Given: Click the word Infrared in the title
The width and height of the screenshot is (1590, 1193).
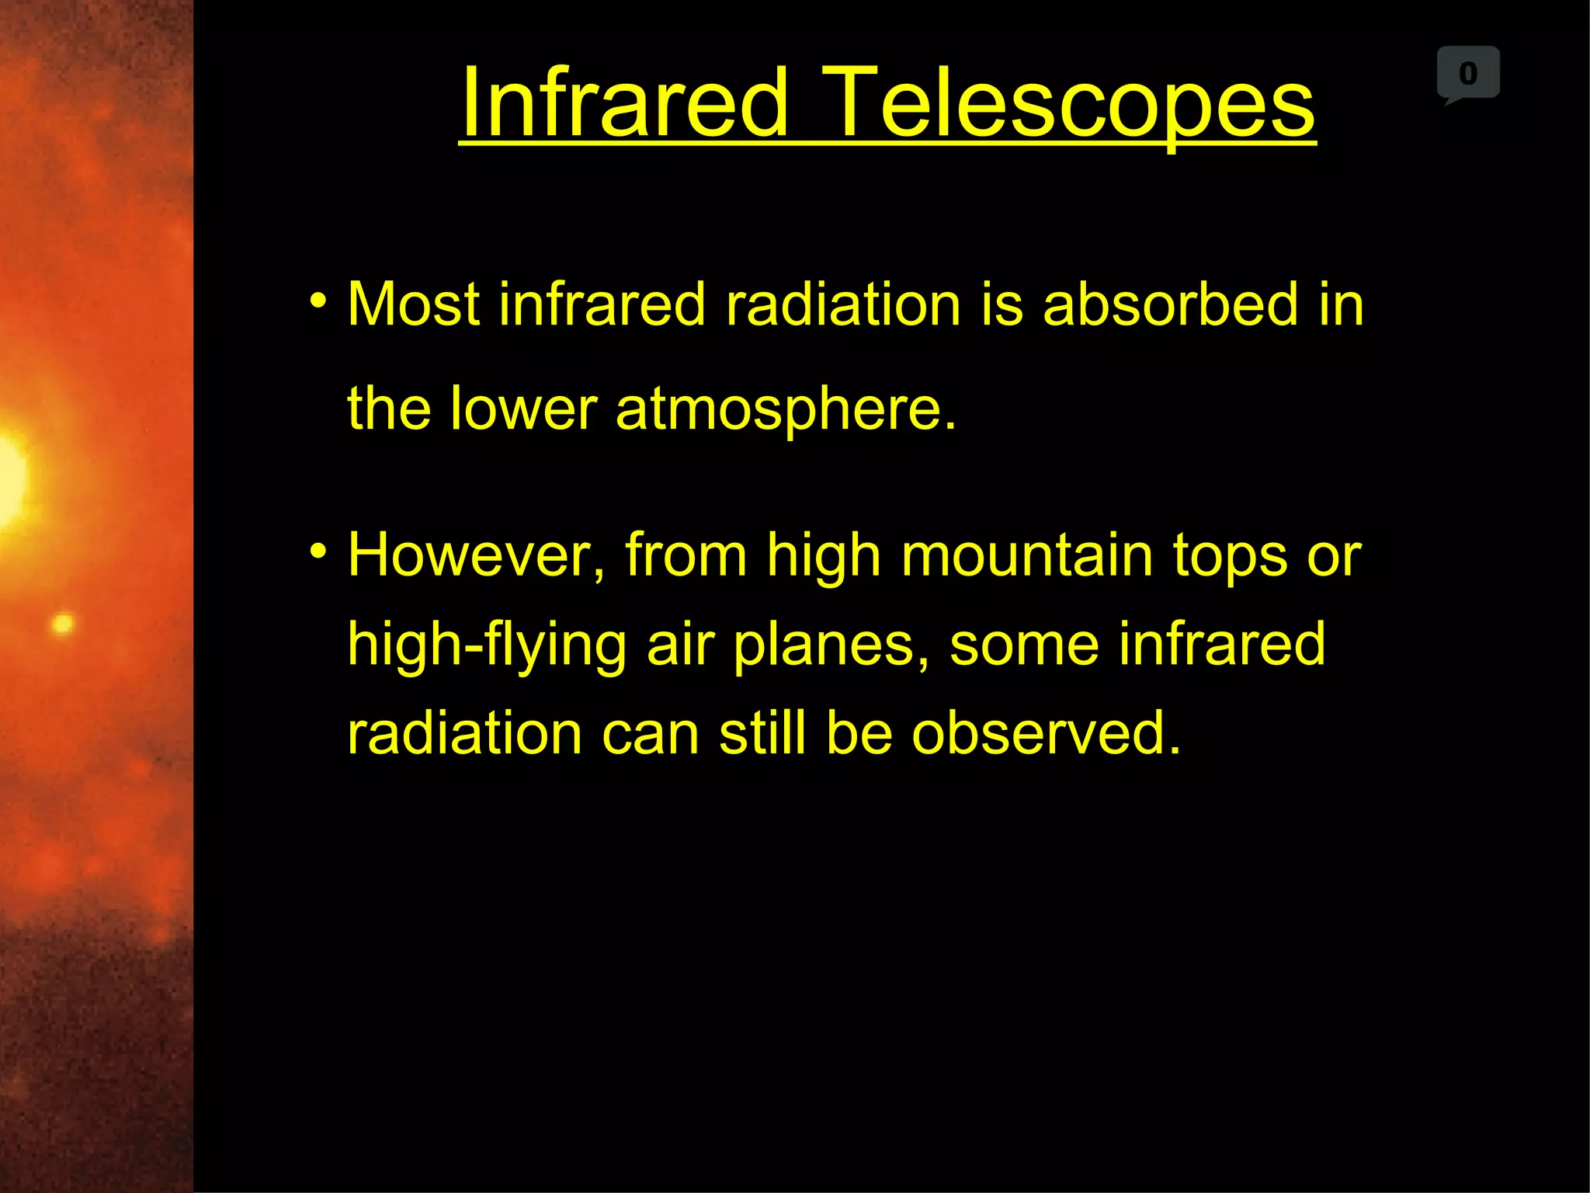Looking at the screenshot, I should pos(625,103).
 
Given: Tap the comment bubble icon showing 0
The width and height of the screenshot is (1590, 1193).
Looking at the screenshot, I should pos(1467,74).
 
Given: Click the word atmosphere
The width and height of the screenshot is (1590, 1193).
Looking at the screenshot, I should pos(786,409).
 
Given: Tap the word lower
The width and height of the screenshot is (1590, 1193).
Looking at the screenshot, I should pos(524,409).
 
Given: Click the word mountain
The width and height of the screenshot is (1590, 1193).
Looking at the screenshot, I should pos(1027,556).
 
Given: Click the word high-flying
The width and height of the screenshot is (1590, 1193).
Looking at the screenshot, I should pos(487,645).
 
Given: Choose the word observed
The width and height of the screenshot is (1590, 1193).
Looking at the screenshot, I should pos(1046,733).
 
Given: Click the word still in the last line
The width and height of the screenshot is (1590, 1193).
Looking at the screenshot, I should pos(762,733).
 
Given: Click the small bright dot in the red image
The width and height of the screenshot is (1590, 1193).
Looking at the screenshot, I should pos(63,624).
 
